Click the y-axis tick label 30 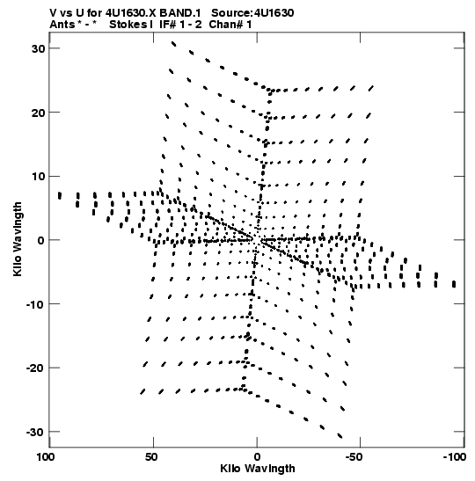tap(38, 48)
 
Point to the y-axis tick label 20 tap(38, 113)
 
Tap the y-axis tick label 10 tap(38, 177)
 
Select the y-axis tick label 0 tap(41, 240)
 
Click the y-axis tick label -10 tap(35, 304)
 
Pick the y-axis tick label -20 tap(35, 368)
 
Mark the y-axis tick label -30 tap(35, 433)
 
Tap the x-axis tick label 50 tap(152, 457)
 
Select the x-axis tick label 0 tap(257, 457)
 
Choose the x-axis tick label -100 tap(455, 457)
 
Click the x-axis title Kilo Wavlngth tap(258, 469)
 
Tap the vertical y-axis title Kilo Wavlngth tap(18, 239)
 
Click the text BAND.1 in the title tap(180, 13)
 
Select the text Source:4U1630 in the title tap(252, 13)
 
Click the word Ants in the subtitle tap(62, 25)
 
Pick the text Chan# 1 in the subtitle tap(230, 25)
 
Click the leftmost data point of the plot tap(60, 196)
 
